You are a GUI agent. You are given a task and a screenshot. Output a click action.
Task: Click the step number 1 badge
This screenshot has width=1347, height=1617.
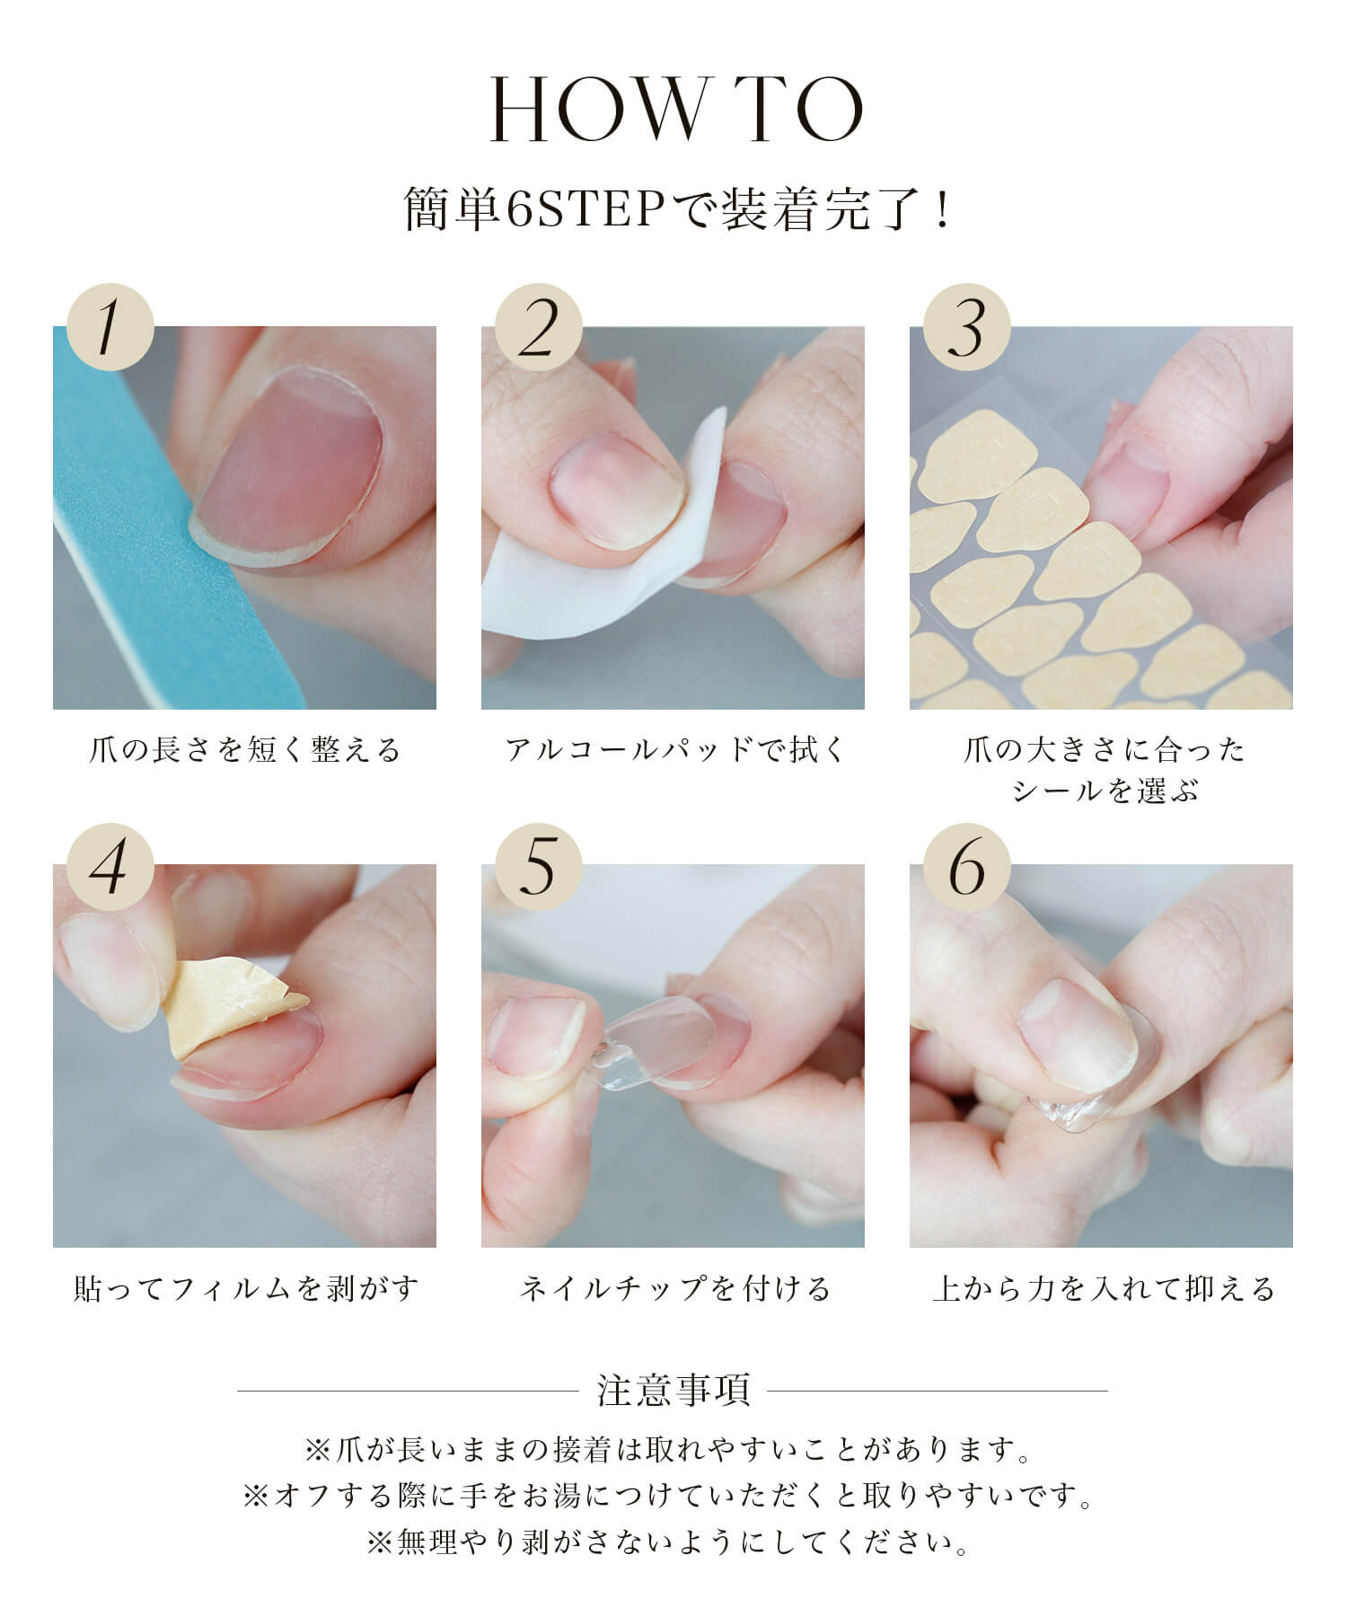[x=110, y=327]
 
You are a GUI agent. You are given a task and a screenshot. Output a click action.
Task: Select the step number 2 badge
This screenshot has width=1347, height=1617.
[x=538, y=327]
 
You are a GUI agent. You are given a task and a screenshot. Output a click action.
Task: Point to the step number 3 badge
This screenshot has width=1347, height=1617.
[x=966, y=327]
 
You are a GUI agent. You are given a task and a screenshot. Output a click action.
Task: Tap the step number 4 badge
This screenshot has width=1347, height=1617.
[x=110, y=866]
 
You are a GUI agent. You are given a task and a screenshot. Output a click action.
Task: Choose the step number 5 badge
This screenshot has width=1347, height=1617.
[x=538, y=866]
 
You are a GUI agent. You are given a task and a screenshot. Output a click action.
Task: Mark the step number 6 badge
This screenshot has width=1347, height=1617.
[x=966, y=866]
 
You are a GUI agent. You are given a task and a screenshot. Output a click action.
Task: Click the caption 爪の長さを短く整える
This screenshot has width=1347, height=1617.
[x=244, y=750]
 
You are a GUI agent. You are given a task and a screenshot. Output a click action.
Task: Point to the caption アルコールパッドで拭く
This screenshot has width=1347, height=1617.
[x=673, y=750]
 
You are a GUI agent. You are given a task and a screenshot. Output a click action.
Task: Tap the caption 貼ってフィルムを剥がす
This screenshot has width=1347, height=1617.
[x=244, y=1289]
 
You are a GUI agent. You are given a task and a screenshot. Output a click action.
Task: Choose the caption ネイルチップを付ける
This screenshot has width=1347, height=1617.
[x=673, y=1289]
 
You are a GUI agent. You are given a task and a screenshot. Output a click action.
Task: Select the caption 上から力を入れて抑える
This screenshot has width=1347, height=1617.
[x=1102, y=1289]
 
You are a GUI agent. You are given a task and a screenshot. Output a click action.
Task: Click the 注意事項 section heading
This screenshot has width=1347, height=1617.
[x=673, y=1390]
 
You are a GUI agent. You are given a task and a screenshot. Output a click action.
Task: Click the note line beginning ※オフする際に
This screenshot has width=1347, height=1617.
[x=673, y=1496]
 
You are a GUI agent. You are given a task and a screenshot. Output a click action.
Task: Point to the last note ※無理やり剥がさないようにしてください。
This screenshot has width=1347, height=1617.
[x=673, y=1542]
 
